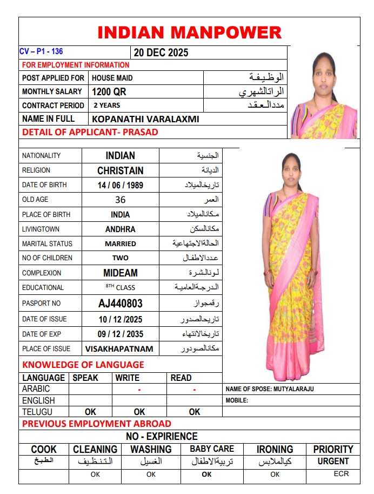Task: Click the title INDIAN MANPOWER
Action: [189, 32]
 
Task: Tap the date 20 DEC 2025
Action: [161, 53]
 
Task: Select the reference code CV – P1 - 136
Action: [41, 52]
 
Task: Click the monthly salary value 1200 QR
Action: [109, 92]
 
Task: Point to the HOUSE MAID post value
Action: [112, 78]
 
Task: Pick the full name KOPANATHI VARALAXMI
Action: [146, 119]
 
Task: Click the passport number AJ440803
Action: [121, 304]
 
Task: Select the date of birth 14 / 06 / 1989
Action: [121, 185]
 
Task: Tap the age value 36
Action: [121, 200]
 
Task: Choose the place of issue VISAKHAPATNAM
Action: [119, 349]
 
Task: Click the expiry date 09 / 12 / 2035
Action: [121, 334]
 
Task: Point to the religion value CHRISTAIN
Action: [121, 170]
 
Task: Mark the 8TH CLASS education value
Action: [121, 287]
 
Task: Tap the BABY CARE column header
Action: [212, 449]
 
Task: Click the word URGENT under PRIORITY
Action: [333, 462]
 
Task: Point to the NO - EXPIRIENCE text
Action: [162, 436]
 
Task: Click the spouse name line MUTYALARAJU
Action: [270, 389]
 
